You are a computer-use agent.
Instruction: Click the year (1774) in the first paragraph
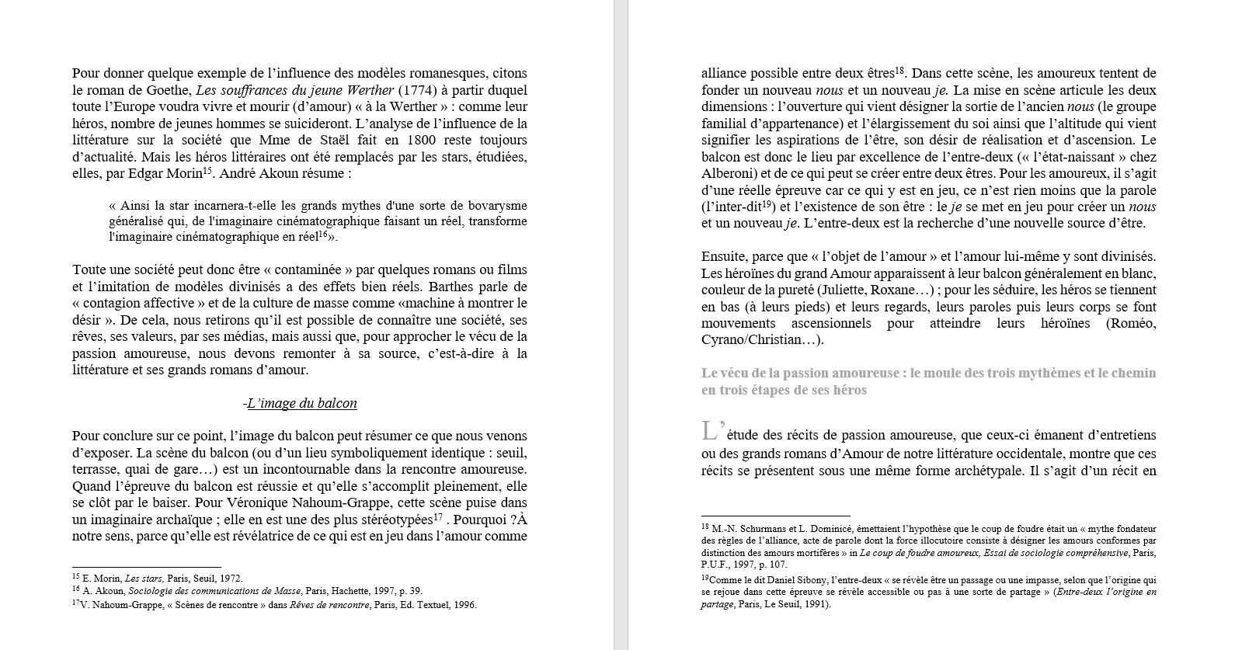tap(415, 90)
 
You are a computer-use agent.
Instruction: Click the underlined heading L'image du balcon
tap(301, 403)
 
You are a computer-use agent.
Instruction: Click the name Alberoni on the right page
tap(726, 174)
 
